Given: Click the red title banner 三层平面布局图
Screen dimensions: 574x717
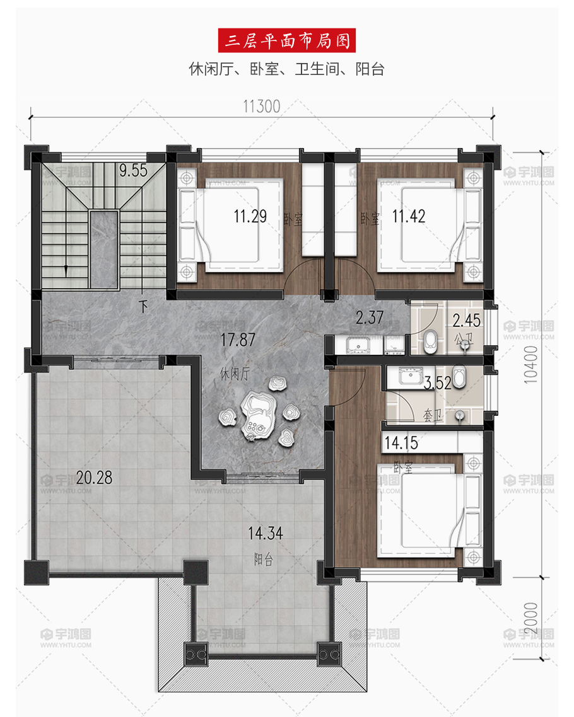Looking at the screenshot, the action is pyautogui.click(x=286, y=41).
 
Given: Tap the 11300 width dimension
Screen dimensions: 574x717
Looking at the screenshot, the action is pyautogui.click(x=261, y=106).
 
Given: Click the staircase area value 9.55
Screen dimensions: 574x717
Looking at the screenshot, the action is pyautogui.click(x=134, y=170).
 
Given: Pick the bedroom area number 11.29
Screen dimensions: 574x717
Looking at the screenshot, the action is pyautogui.click(x=250, y=216).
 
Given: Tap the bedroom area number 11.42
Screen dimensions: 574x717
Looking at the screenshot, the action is pyautogui.click(x=409, y=216).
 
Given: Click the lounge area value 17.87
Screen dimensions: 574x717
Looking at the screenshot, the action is pyautogui.click(x=238, y=340).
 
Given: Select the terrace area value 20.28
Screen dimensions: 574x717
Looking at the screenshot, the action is pyautogui.click(x=94, y=478).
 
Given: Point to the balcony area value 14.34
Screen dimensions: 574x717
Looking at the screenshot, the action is pyautogui.click(x=266, y=533).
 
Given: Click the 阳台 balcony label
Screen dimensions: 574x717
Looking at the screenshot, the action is pyautogui.click(x=264, y=559).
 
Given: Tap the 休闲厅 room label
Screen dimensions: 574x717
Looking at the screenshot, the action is pyautogui.click(x=235, y=374).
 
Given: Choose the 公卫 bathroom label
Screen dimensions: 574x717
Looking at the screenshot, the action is pyautogui.click(x=463, y=339).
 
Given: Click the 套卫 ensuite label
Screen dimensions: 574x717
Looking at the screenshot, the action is pyautogui.click(x=433, y=415).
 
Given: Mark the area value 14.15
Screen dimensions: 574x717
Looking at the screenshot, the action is pyautogui.click(x=401, y=443).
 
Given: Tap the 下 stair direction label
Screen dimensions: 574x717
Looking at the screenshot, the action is pyautogui.click(x=144, y=306).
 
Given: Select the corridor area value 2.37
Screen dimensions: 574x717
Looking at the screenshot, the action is pyautogui.click(x=370, y=318).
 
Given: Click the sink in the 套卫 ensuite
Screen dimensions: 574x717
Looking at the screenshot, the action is pyautogui.click(x=410, y=376).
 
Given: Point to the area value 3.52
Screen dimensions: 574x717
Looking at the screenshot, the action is pyautogui.click(x=438, y=382).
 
